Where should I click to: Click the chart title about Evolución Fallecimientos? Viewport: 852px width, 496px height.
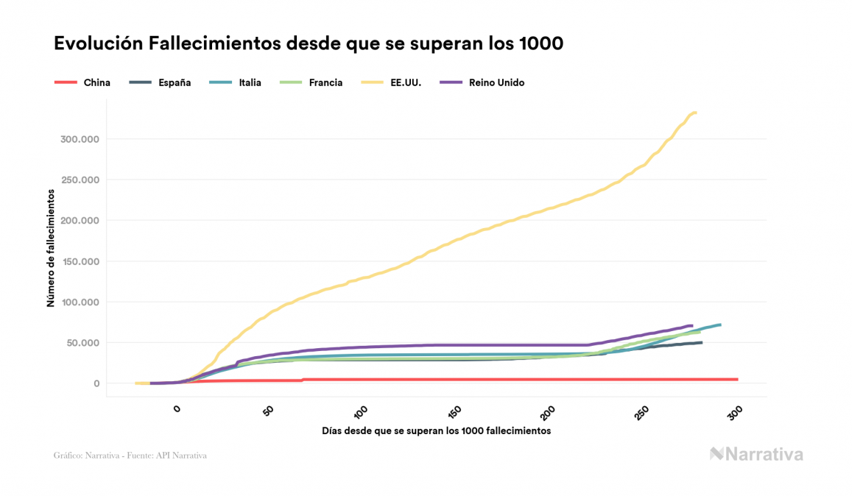309,43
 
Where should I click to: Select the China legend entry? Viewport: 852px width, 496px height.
82,82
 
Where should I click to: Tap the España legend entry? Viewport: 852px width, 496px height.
160,82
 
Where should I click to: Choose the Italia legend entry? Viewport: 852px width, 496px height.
239,82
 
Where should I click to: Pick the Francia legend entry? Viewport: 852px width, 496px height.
312,82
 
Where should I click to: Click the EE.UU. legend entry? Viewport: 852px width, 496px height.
393,82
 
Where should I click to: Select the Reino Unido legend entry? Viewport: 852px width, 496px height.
482,82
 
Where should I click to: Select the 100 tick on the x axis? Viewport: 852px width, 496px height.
361,411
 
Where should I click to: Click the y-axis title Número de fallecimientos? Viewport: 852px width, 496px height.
51,247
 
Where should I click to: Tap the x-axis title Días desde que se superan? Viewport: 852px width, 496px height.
436,431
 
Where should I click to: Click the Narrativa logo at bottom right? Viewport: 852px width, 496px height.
756,454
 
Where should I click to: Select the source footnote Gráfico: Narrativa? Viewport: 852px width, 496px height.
130,456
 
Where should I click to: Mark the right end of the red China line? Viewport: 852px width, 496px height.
736,380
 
